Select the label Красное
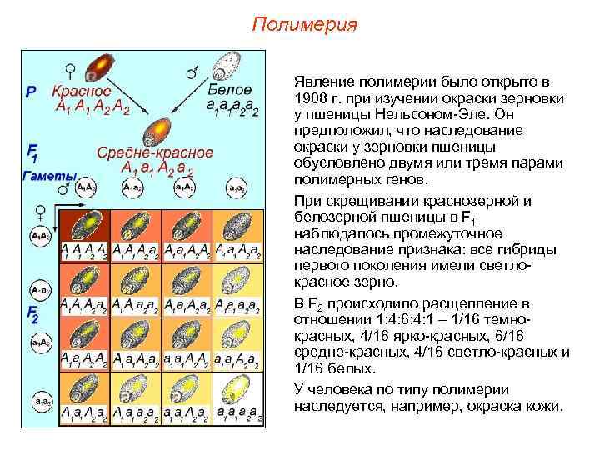click(82, 91)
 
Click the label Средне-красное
click(155, 152)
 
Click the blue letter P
click(32, 92)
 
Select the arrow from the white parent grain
click(188, 103)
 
